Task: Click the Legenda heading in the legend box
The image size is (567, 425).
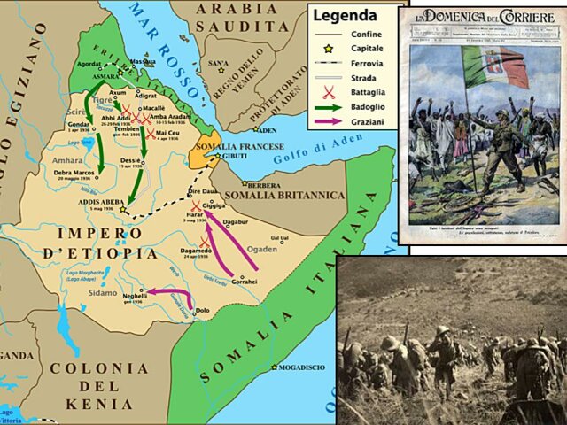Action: coord(346,15)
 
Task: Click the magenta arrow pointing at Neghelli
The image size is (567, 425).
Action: coord(168,290)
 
